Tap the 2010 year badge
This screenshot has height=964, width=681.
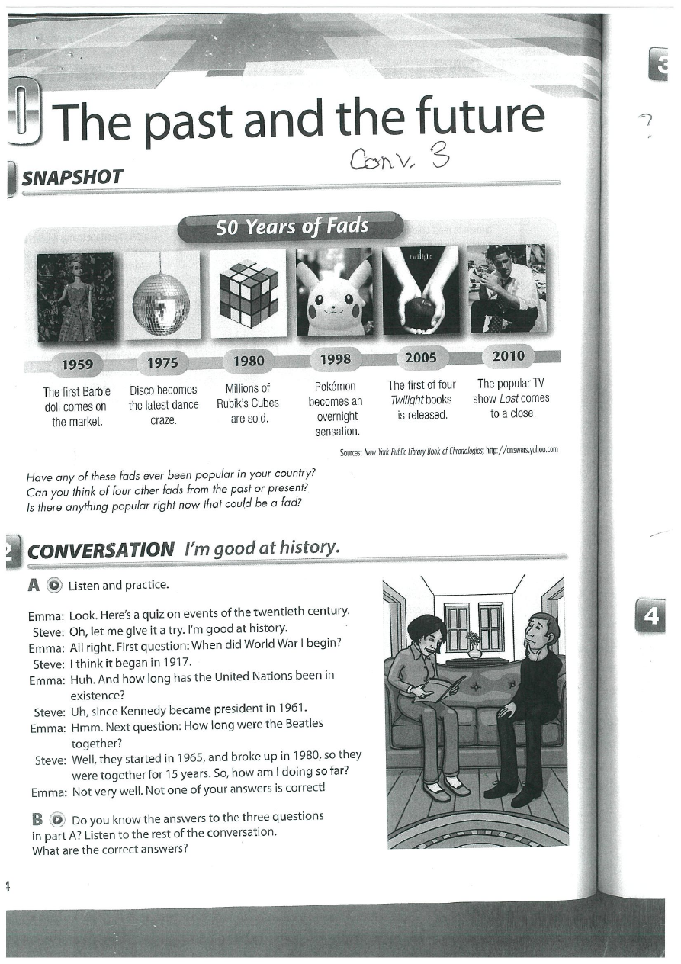pos(509,355)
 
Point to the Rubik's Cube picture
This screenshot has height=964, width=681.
pos(249,293)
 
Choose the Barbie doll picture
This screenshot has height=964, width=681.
pos(75,296)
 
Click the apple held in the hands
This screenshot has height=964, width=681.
pos(420,310)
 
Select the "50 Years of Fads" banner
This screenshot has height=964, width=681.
pos(291,227)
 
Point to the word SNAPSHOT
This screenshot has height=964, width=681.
pos(72,178)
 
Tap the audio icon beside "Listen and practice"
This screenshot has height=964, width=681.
pos(53,586)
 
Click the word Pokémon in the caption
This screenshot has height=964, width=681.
pos(335,387)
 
